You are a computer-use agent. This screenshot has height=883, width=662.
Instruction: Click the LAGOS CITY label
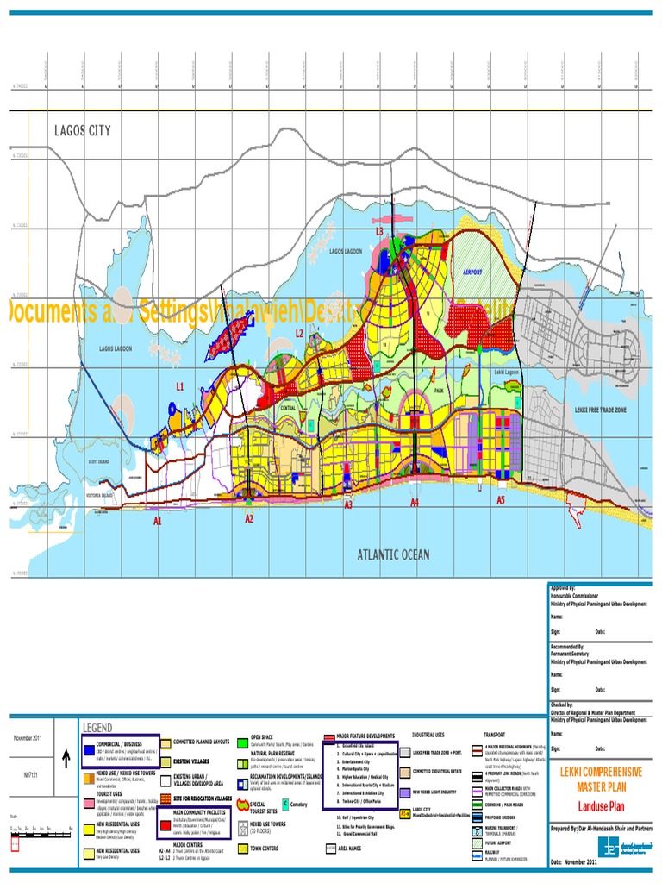[x=83, y=130]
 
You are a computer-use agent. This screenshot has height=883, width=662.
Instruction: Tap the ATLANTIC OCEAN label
[x=393, y=554]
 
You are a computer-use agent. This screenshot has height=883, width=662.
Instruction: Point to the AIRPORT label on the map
[x=472, y=271]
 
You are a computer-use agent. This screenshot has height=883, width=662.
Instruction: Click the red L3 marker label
[x=378, y=231]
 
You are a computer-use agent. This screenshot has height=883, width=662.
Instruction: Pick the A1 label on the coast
[x=158, y=522]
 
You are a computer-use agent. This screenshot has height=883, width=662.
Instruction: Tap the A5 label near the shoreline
[x=501, y=499]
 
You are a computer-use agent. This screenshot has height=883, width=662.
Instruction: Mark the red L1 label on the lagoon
[x=180, y=388]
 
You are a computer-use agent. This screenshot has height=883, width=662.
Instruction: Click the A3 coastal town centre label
[x=348, y=505]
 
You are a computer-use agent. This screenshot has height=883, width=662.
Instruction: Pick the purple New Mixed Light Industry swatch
[x=404, y=792]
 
